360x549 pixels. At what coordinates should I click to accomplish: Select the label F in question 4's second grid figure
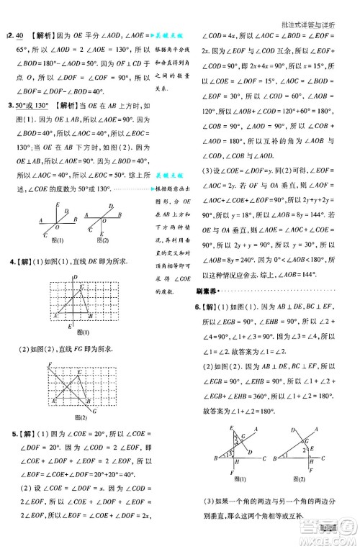50,365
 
